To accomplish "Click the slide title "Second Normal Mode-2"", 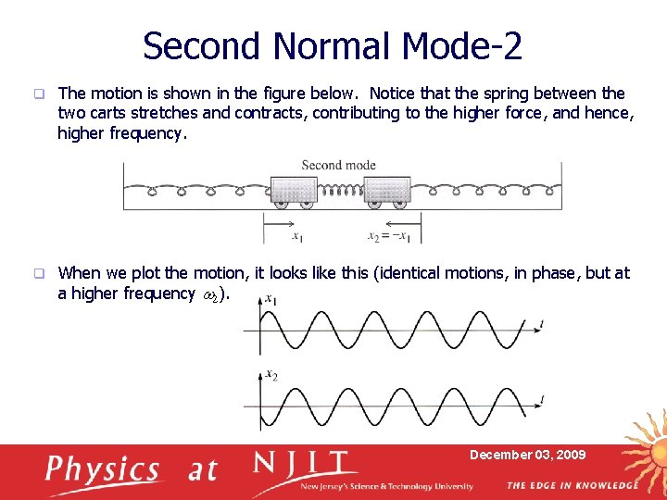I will pos(333,44).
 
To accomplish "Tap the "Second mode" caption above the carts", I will pos(338,165).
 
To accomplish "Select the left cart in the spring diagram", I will pos(295,191).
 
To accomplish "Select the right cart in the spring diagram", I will pos(386,191).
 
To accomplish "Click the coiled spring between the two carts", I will pos(341,193).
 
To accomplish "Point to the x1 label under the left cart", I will pos(296,237).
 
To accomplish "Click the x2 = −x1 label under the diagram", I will pos(388,237).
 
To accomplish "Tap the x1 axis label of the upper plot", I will pos(270,299).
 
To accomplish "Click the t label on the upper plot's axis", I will pos(542,322).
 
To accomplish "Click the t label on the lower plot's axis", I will pos(542,398).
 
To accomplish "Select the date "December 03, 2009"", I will pos(527,455).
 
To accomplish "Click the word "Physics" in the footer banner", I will pos(103,470).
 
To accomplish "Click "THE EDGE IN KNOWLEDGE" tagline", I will pos(572,485).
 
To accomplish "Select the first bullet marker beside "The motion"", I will pos(38,94).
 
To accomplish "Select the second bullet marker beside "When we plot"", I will pos(38,273).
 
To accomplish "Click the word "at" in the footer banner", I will pos(202,470).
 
